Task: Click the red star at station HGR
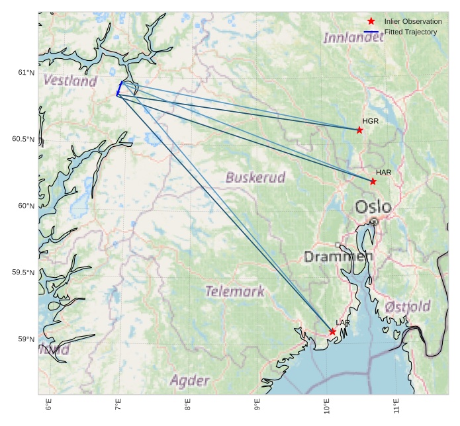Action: (359, 130)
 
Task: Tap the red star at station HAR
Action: (373, 181)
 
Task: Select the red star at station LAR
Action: (332, 331)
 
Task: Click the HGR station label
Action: (371, 121)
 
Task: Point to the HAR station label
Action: (384, 172)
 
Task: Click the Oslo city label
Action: (373, 207)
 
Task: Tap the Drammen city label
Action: (334, 256)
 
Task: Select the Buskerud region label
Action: (255, 177)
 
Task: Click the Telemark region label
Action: (234, 291)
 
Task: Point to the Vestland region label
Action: (70, 81)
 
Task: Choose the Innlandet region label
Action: (353, 38)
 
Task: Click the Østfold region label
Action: (408, 306)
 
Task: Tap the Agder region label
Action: (190, 380)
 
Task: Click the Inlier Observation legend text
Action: (413, 21)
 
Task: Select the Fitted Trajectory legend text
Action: (410, 32)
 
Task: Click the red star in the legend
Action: (371, 21)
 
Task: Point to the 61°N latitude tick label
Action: (26, 72)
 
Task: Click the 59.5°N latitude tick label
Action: (23, 273)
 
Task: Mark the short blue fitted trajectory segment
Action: (119, 89)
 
